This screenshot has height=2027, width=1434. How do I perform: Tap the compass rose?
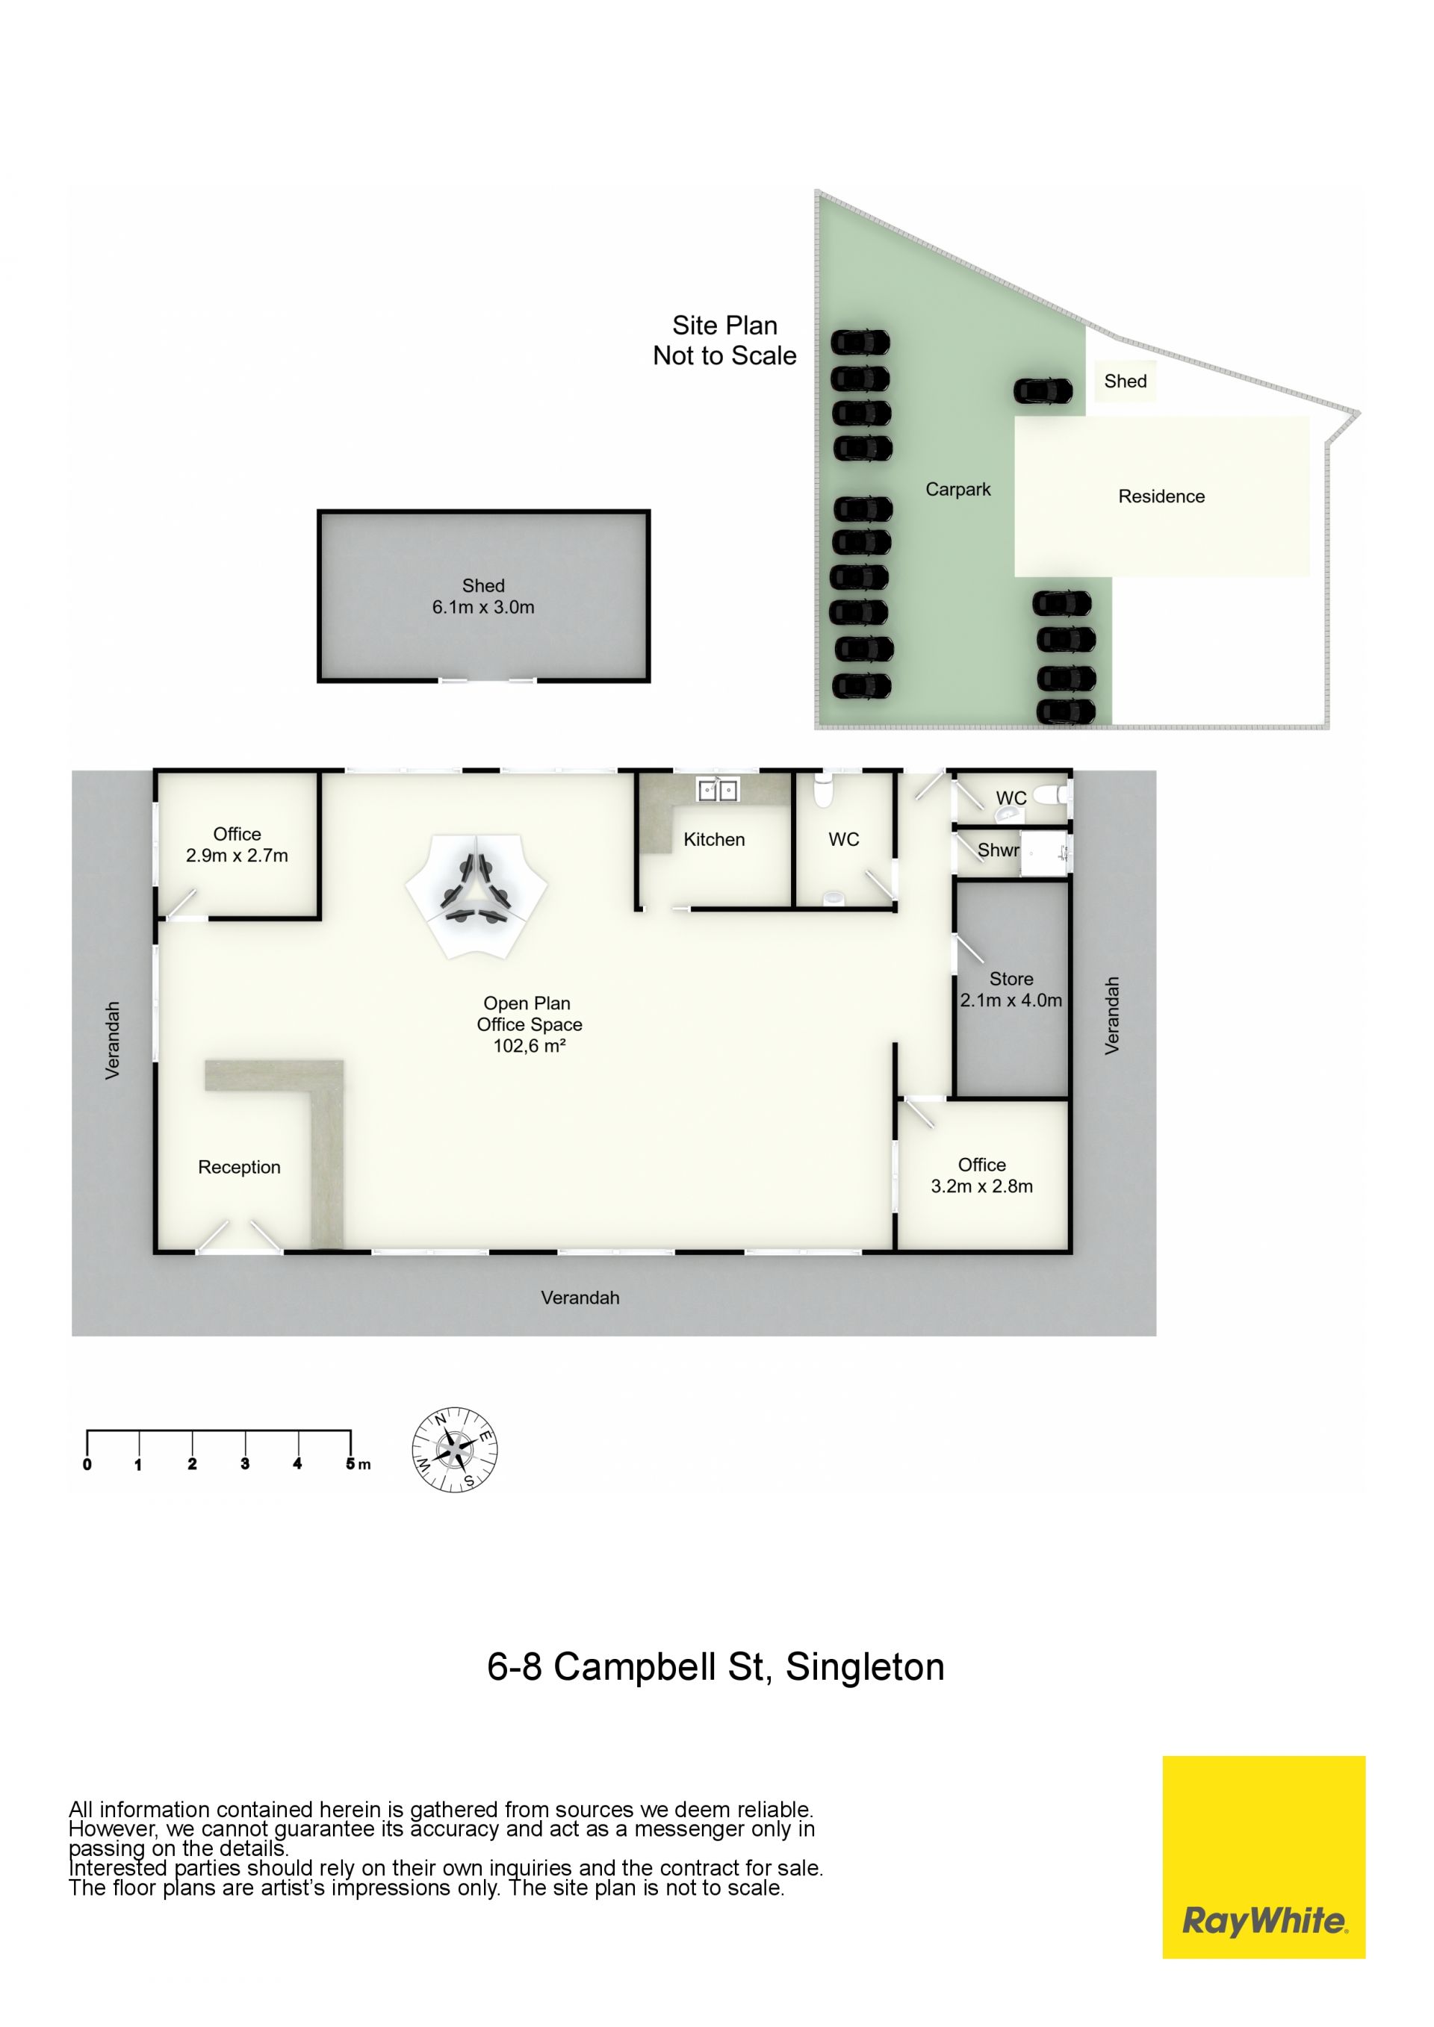coord(455,1450)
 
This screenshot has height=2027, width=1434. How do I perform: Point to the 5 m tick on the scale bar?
coord(350,1442)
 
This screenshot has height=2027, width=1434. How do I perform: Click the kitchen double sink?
coord(717,789)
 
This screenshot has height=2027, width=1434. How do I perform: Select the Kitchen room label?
coord(713,840)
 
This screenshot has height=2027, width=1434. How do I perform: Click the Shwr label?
coord(998,850)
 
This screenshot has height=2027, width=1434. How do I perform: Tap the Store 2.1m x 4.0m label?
coord(1011,990)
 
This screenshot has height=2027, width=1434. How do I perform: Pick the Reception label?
coord(239,1167)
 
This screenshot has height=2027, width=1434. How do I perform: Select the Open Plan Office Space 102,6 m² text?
coord(529,1024)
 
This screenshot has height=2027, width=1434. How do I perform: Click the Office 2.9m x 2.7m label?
coord(237,845)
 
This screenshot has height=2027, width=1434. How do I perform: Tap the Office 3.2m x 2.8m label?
coord(982,1176)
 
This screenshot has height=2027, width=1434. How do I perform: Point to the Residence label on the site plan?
coord(1161,496)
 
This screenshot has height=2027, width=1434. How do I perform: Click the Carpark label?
coord(958,489)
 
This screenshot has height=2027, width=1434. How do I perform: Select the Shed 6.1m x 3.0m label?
coord(483,596)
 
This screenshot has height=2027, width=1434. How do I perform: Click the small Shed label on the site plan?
coord(1125,382)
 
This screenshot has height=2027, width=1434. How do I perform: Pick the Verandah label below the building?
coord(580,1298)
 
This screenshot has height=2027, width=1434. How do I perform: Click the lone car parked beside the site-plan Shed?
coord(1043,390)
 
